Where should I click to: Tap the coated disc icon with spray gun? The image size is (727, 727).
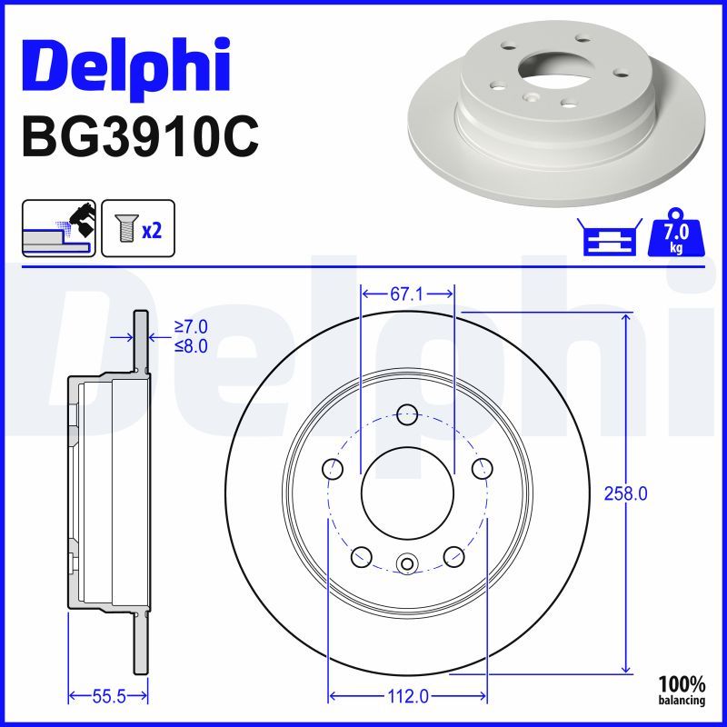(59, 227)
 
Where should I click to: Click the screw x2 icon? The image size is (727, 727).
(137, 227)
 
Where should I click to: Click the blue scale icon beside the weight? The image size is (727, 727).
(608, 238)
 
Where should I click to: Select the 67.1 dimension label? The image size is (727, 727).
(407, 294)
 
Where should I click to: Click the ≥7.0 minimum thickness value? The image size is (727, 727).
(191, 326)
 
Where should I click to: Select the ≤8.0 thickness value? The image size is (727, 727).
(191, 345)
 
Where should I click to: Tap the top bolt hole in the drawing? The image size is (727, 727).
(407, 413)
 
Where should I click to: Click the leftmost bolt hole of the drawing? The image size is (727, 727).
(333, 469)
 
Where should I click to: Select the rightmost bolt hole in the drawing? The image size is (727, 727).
(482, 469)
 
